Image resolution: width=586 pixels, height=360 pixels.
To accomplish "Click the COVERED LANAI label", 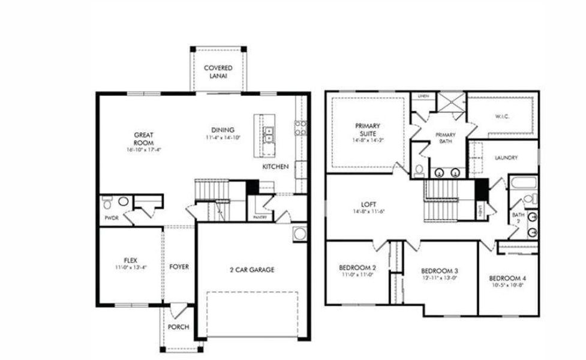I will coord(218,72).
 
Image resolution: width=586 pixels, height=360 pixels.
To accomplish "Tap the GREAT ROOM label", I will coord(143,139).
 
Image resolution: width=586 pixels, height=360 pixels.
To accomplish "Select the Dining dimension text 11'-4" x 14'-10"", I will coord(223,138).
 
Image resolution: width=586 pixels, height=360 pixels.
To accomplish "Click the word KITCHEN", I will coord(276,166).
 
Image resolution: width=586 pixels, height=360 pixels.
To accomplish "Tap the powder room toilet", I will coord(108,201).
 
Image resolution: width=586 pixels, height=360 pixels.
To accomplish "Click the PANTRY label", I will coord(260,217).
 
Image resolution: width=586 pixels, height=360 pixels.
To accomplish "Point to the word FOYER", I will coord(179,266).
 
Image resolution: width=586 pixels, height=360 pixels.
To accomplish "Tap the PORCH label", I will coord(179,327).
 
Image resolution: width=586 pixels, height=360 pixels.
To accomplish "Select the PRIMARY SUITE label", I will coord(368,130).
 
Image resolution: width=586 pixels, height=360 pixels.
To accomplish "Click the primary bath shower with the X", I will coord(449,101).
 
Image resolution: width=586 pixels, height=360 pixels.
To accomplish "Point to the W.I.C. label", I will coord(502,116).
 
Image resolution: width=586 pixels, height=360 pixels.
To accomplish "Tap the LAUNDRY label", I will coord(506,158).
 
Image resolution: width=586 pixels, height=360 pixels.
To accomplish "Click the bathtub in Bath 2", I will coord(524,182).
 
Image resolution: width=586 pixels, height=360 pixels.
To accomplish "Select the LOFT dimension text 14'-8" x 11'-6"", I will coord(368,211).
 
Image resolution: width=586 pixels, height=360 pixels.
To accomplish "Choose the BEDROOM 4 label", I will coord(507,278).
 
